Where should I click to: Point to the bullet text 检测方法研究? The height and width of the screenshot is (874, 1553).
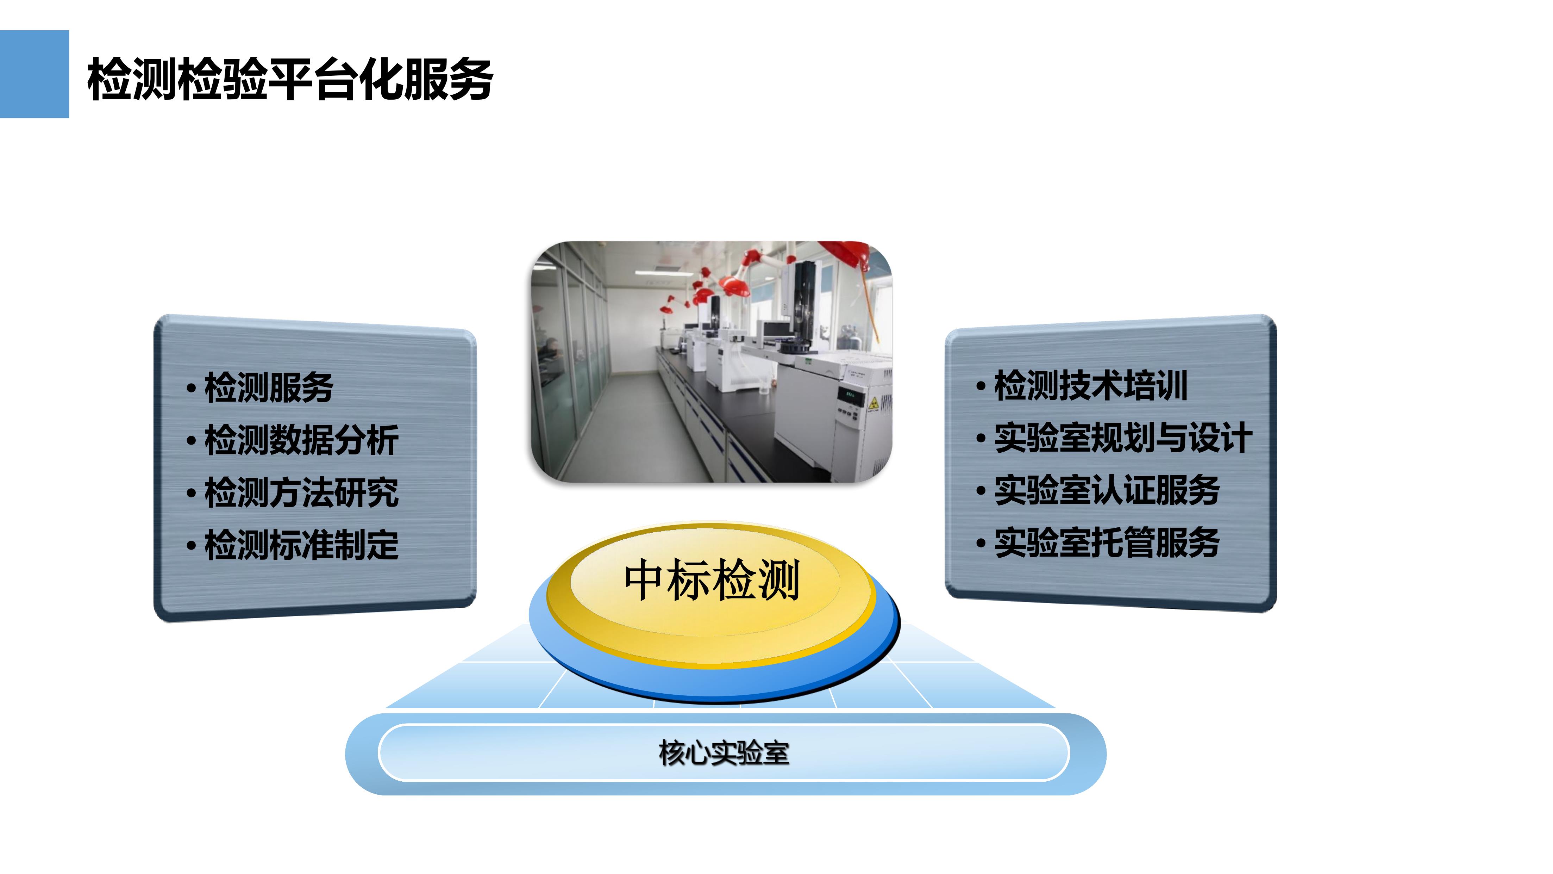tap(301, 492)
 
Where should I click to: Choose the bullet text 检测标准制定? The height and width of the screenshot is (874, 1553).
tap(301, 545)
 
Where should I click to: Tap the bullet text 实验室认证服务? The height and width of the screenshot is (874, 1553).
tap(1107, 490)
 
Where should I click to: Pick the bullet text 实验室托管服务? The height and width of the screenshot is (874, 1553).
tap(1107, 542)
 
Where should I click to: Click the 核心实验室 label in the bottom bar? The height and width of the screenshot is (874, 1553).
tap(724, 753)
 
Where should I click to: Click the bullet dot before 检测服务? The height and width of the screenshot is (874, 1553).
tap(191, 389)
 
